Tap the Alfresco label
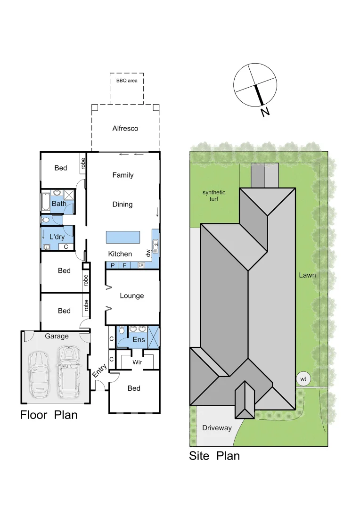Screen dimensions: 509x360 point(125,128)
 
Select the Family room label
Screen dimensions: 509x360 point(123,175)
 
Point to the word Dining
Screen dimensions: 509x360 point(123,205)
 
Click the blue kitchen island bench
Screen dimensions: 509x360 point(123,237)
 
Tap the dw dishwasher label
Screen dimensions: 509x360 point(148,253)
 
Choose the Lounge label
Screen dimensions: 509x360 point(132,296)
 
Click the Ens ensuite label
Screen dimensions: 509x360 point(139,339)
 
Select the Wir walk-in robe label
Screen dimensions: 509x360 point(137,362)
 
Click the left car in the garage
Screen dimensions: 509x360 point(39,372)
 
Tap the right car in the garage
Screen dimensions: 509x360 point(68,370)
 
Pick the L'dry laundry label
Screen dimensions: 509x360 point(57,237)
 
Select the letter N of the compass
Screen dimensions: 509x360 point(265,112)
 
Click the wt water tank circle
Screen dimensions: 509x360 point(303,379)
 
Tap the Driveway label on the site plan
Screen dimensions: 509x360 point(217,428)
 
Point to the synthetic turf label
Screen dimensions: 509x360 point(214,196)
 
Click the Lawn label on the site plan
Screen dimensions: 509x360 point(307,275)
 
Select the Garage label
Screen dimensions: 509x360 point(57,336)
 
